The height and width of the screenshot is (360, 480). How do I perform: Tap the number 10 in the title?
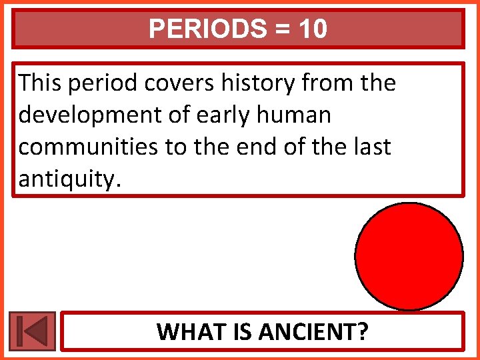(313, 29)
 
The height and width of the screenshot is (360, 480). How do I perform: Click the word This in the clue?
(40, 83)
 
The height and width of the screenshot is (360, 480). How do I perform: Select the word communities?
(89, 146)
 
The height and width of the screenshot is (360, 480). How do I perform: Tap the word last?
(370, 146)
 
